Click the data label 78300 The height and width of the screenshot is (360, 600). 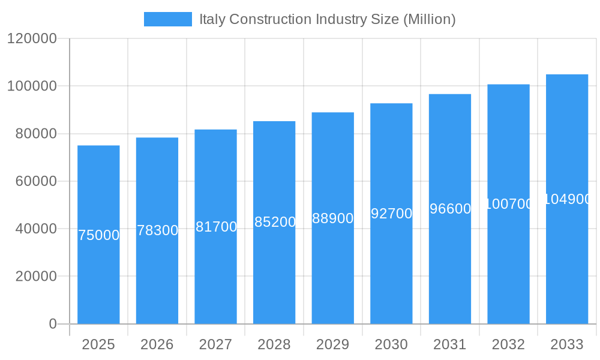[x=157, y=230]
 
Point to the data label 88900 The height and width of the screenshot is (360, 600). [x=333, y=218]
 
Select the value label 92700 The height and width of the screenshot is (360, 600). [x=391, y=214]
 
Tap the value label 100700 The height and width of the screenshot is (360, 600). [x=508, y=204]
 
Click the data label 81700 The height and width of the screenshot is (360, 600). [x=216, y=227]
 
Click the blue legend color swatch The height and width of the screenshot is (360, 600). [x=168, y=19]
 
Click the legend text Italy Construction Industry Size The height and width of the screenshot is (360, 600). [x=327, y=19]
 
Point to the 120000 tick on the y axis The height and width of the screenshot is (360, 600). [x=31, y=39]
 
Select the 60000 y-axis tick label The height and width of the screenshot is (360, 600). [x=35, y=181]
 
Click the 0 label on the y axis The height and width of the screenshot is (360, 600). [x=52, y=324]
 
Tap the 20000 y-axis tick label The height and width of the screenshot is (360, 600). [x=35, y=277]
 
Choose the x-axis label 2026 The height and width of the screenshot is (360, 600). [x=157, y=344]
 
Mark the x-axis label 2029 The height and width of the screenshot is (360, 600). [x=333, y=344]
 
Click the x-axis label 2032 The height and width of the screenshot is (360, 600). [x=508, y=344]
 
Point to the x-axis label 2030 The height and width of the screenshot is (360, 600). [x=391, y=344]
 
